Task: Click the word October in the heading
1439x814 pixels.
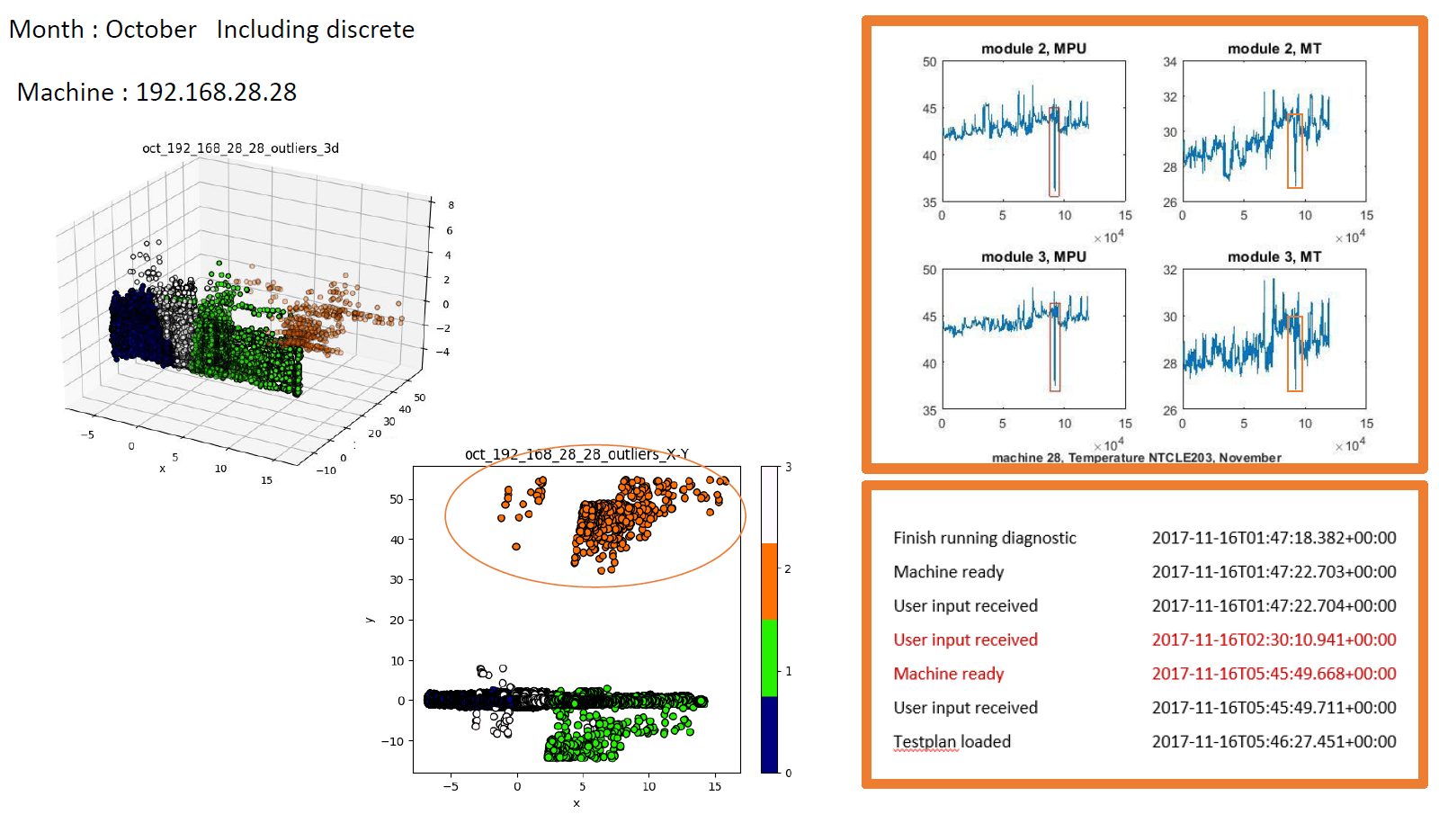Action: [x=150, y=30]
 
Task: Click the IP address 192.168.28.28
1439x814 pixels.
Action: [x=216, y=93]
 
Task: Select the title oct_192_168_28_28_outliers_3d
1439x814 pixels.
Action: [x=240, y=148]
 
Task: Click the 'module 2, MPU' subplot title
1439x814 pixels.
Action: [x=1033, y=49]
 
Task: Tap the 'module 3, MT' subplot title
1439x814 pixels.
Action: [x=1274, y=257]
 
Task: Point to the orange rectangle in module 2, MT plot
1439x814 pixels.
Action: [x=1294, y=151]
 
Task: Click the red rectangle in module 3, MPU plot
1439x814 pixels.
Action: [x=1055, y=347]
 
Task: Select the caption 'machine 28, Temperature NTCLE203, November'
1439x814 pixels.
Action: [x=1136, y=458]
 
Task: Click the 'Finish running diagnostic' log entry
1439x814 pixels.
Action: [x=984, y=538]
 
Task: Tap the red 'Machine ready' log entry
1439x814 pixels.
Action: [x=948, y=674]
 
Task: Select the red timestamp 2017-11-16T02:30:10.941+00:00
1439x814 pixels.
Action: [x=1274, y=640]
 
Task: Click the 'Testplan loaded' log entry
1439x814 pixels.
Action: [x=952, y=742]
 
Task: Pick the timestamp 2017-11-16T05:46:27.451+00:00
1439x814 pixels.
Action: [x=1274, y=742]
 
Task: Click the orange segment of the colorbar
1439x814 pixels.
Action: [x=769, y=581]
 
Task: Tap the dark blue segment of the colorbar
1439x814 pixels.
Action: [x=769, y=734]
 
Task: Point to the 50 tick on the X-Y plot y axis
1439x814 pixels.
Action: [x=397, y=499]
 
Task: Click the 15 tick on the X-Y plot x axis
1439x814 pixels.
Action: [x=714, y=787]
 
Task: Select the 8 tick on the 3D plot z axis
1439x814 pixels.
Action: [x=451, y=205]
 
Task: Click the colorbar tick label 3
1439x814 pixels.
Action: [x=789, y=467]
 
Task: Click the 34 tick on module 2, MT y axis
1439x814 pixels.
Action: [x=1169, y=62]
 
